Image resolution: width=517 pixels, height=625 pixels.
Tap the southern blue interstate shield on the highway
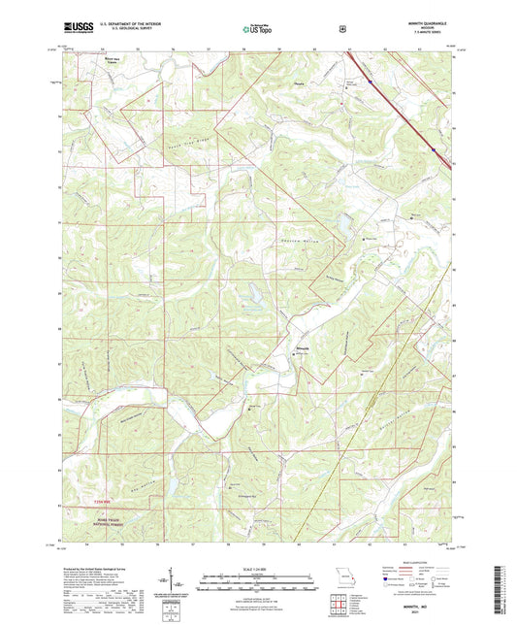tap(433, 149)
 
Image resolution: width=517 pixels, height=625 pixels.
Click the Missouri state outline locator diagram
tap(340, 574)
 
